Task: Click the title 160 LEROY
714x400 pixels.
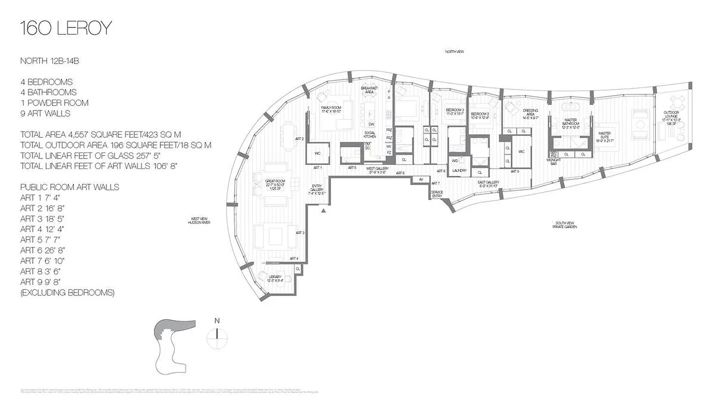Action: pyautogui.click(x=65, y=28)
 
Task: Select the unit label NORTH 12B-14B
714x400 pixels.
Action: pyautogui.click(x=50, y=61)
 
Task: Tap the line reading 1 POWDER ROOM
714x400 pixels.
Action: pyautogui.click(x=54, y=103)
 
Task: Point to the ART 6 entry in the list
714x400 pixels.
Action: pyautogui.click(x=42, y=250)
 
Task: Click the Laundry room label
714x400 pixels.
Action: pyautogui.click(x=459, y=170)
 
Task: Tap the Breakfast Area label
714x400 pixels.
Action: pyautogui.click(x=370, y=90)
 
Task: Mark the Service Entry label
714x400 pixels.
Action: pyautogui.click(x=436, y=193)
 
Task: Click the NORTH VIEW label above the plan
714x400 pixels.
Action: pyautogui.click(x=455, y=51)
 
